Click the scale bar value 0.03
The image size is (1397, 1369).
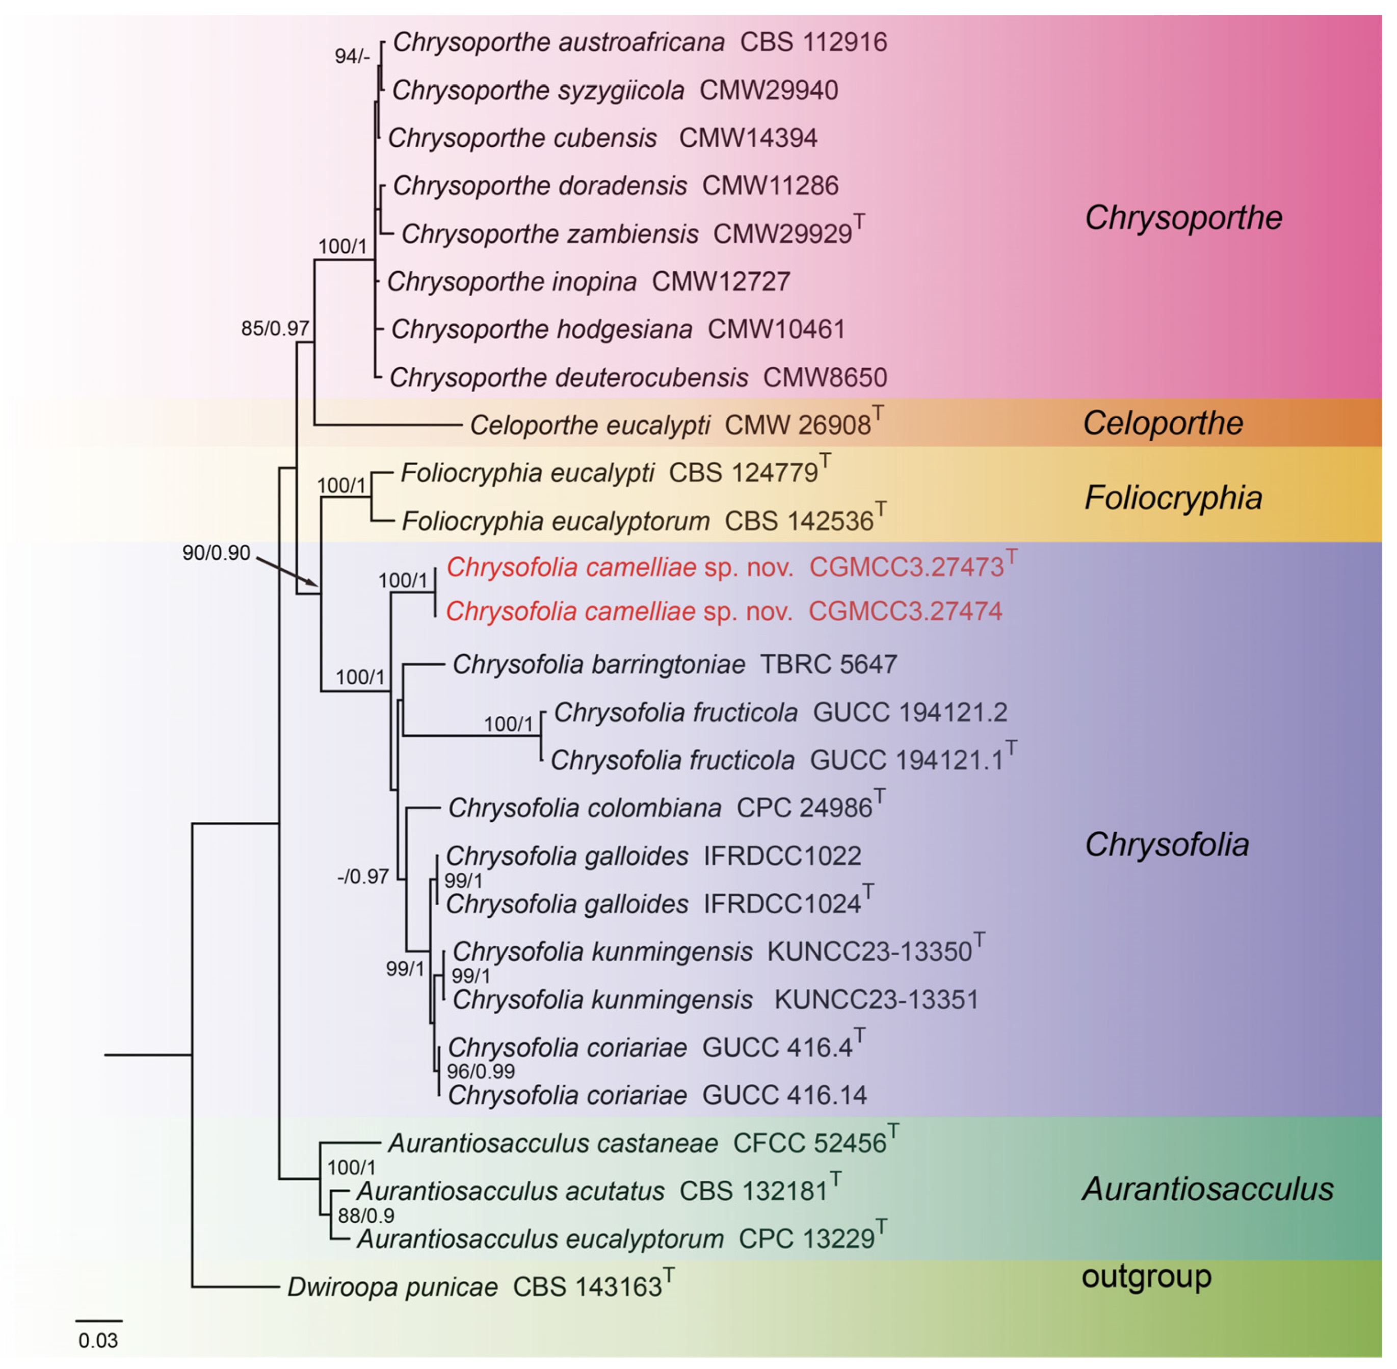coord(98,1340)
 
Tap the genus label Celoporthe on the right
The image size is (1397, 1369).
coord(1162,423)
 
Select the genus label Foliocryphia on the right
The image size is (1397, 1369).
coord(1172,498)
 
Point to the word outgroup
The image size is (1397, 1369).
coord(1146,1276)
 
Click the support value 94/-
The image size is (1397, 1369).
coord(352,56)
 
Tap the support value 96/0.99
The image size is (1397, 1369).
coord(480,1071)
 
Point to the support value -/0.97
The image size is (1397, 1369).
coord(363,876)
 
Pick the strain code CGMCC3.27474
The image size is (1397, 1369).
coord(905,611)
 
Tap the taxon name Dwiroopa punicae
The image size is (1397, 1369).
coord(392,1286)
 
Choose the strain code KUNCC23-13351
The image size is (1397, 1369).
coord(876,999)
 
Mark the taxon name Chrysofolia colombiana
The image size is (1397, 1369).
coord(584,808)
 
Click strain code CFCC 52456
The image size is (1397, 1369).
coord(809,1143)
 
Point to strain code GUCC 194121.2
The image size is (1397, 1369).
coord(910,712)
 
